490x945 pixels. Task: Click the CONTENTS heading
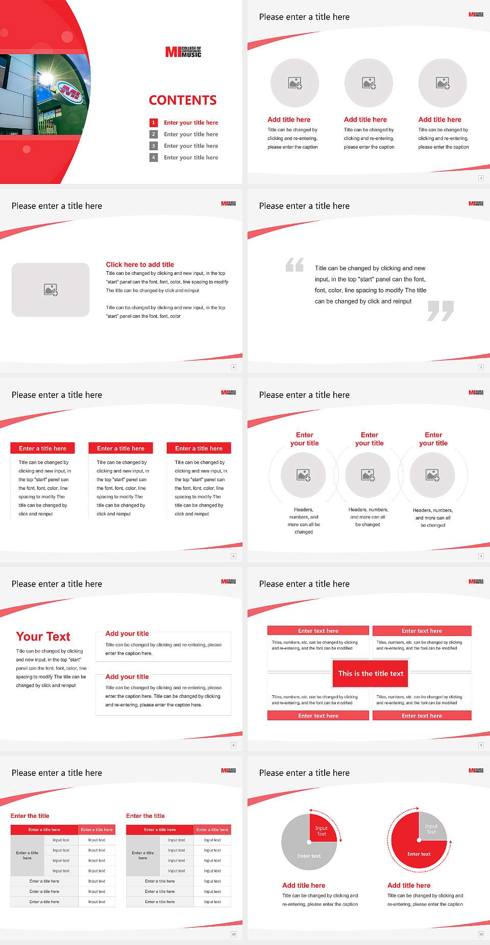click(x=183, y=100)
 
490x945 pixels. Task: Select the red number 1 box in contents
click(x=153, y=123)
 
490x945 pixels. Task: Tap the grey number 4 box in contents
click(x=153, y=157)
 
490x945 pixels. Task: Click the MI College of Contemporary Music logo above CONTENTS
click(x=183, y=52)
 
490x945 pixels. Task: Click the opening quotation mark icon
click(x=295, y=265)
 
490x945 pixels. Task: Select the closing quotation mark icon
click(x=440, y=311)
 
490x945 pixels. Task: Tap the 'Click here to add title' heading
click(x=140, y=265)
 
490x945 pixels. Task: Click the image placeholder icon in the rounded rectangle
click(x=51, y=290)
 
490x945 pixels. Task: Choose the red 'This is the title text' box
click(x=371, y=674)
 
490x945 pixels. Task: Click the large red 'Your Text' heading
click(x=43, y=636)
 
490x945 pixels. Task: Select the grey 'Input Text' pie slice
click(x=433, y=828)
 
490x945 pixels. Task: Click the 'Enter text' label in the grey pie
click(x=309, y=856)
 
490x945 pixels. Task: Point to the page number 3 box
click(x=481, y=178)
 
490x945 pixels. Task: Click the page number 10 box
click(x=233, y=934)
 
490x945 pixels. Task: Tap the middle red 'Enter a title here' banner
click(x=121, y=448)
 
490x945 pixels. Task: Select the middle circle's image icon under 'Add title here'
click(x=369, y=83)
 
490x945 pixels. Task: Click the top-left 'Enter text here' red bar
click(x=318, y=631)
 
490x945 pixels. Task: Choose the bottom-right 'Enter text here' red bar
click(x=422, y=716)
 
